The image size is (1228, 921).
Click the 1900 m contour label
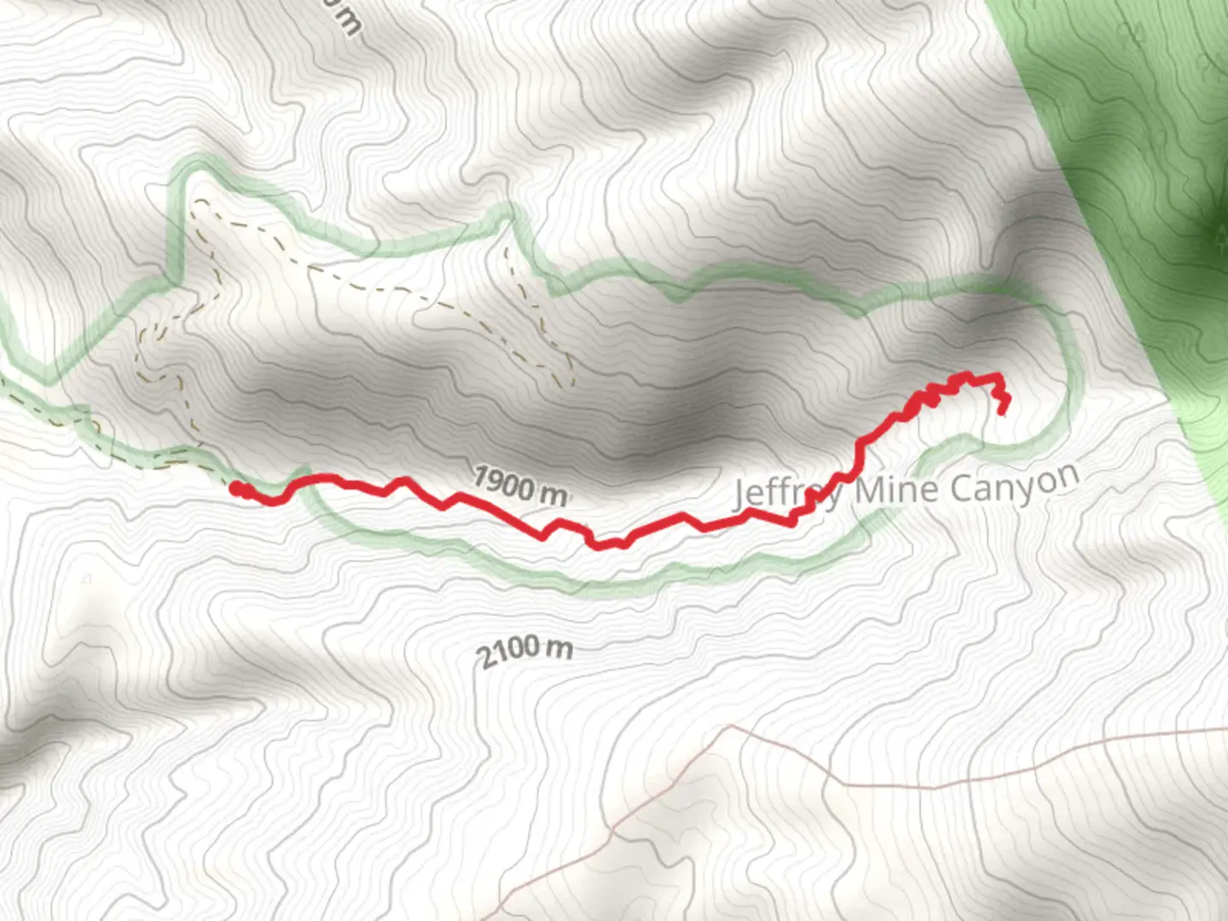tap(519, 486)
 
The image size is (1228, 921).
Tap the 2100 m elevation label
tap(524, 652)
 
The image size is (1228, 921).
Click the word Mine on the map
tap(897, 489)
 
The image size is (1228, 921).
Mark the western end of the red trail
tap(235, 488)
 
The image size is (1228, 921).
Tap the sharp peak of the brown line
tap(732, 727)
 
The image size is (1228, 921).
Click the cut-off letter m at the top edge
tap(348, 19)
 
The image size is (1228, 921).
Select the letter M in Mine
tap(870, 490)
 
